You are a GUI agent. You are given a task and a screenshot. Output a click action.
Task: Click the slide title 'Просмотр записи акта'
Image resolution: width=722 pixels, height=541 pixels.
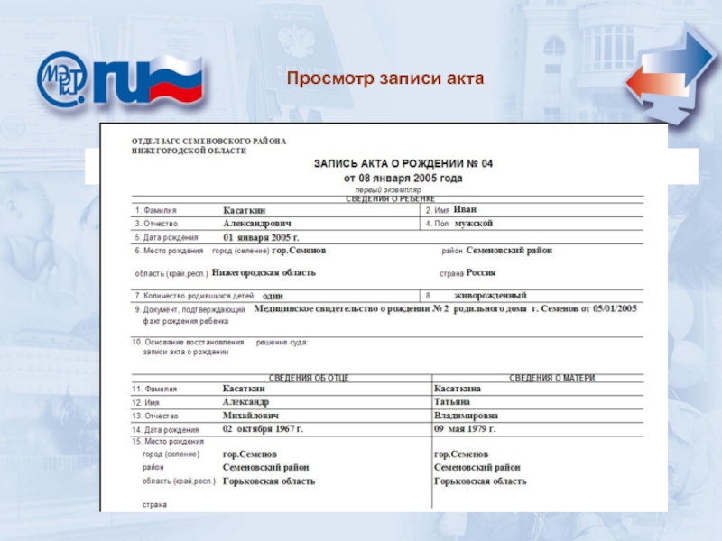point(385,79)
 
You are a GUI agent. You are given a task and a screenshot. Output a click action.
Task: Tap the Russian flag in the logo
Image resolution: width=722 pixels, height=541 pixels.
point(175,79)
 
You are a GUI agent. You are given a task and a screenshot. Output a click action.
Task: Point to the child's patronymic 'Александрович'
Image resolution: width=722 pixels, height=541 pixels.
point(257,223)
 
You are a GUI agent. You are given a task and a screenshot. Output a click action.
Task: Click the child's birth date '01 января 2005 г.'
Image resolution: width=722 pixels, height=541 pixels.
point(261,237)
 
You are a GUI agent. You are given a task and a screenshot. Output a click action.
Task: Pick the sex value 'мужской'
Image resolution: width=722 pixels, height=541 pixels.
point(474,223)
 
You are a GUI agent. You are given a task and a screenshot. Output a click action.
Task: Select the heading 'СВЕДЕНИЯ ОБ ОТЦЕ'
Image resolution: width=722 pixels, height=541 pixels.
point(310,378)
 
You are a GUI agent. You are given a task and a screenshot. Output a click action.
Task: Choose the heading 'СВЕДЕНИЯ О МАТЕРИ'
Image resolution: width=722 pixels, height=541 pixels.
point(552,378)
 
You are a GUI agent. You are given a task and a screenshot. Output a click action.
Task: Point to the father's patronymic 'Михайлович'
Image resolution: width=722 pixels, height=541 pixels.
point(252,416)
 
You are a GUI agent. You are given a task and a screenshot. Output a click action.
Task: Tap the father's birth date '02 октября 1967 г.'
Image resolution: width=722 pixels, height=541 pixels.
point(264,429)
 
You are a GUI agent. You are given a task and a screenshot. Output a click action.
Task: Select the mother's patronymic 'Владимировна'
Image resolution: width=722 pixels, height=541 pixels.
point(467,416)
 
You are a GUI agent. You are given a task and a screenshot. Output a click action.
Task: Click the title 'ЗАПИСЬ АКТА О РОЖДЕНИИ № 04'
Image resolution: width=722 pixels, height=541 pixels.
point(403,164)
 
